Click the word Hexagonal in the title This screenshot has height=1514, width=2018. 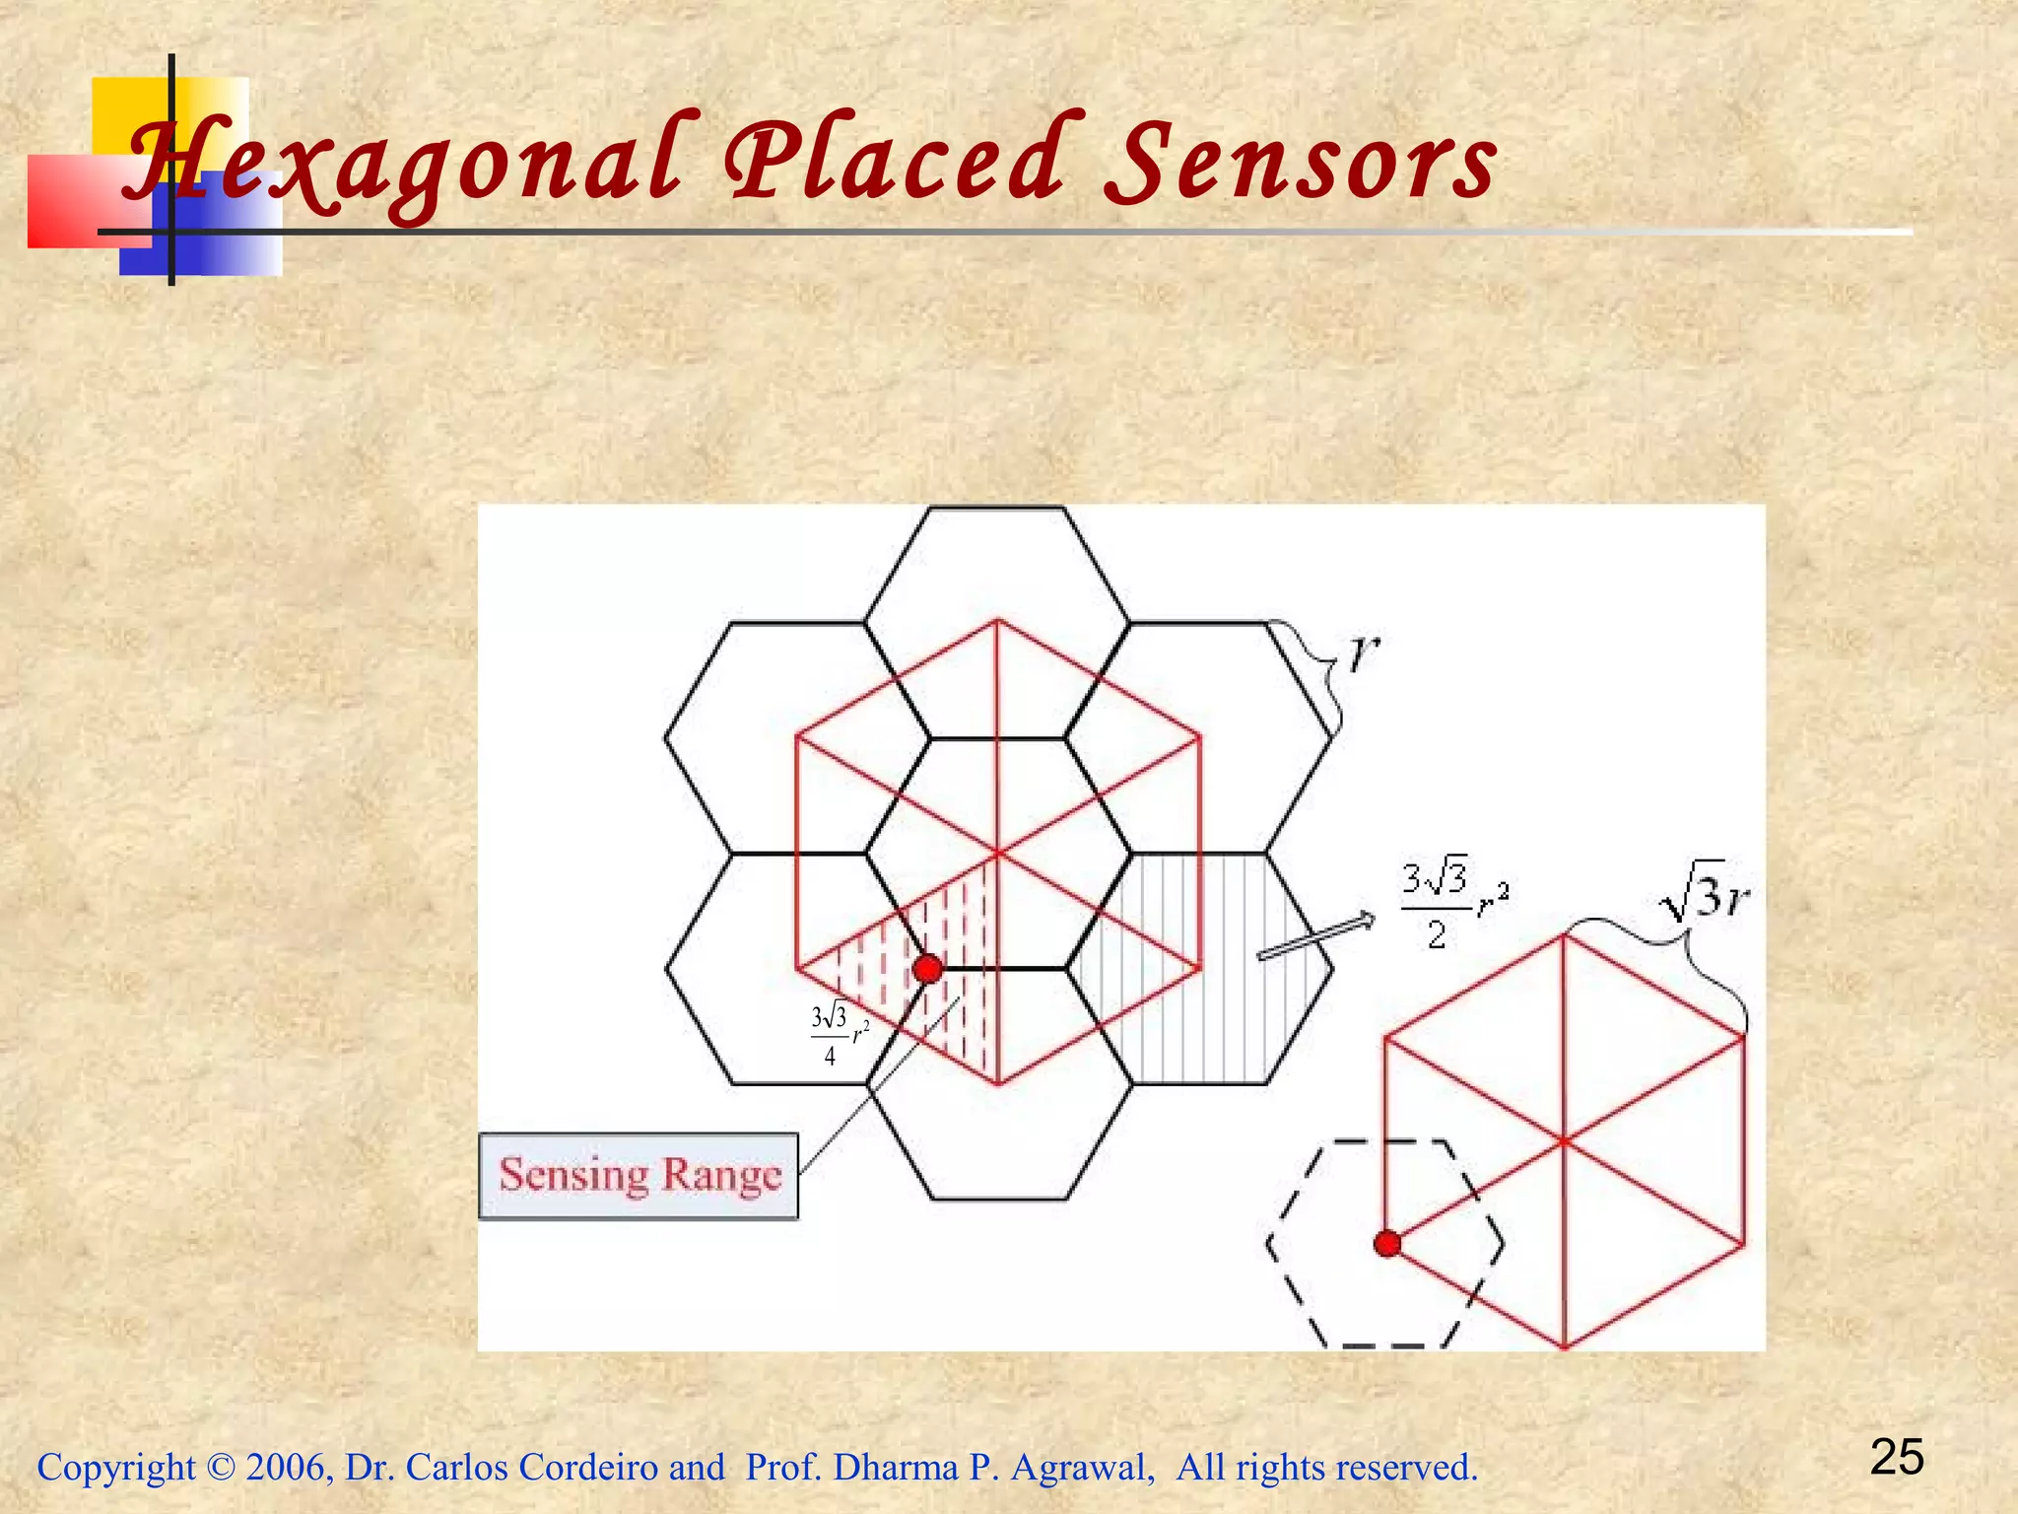coord(404,163)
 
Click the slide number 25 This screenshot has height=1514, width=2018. coord(1897,1457)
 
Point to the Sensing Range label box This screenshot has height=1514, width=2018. coord(639,1176)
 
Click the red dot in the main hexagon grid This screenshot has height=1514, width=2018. coord(927,969)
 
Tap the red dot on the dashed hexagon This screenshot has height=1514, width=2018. coord(1387,1244)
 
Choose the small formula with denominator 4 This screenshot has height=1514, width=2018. coord(838,1034)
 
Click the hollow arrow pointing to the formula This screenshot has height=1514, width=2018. coord(1315,936)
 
